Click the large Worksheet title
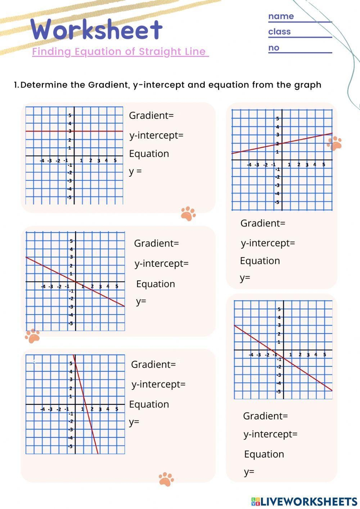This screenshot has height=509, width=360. coord(96,30)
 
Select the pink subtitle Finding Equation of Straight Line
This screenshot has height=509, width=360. coord(120,51)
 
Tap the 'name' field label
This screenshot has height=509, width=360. coord(281,16)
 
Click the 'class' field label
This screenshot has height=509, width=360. coord(279,32)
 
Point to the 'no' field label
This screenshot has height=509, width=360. coord(274,48)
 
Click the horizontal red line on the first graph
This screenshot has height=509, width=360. coord(43,131)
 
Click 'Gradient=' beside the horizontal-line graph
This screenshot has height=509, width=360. coord(151,116)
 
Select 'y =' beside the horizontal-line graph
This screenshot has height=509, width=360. coord(135,171)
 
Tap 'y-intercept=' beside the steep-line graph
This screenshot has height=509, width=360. coord(158,384)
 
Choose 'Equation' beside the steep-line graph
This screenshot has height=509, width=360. coord(149,404)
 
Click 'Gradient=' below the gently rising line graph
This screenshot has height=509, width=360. coord(263,223)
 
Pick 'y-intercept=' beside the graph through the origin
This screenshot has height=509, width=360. coord(162,263)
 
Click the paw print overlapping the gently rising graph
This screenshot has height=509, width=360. coord(334,143)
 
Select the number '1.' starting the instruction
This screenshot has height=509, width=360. coord(16,85)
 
